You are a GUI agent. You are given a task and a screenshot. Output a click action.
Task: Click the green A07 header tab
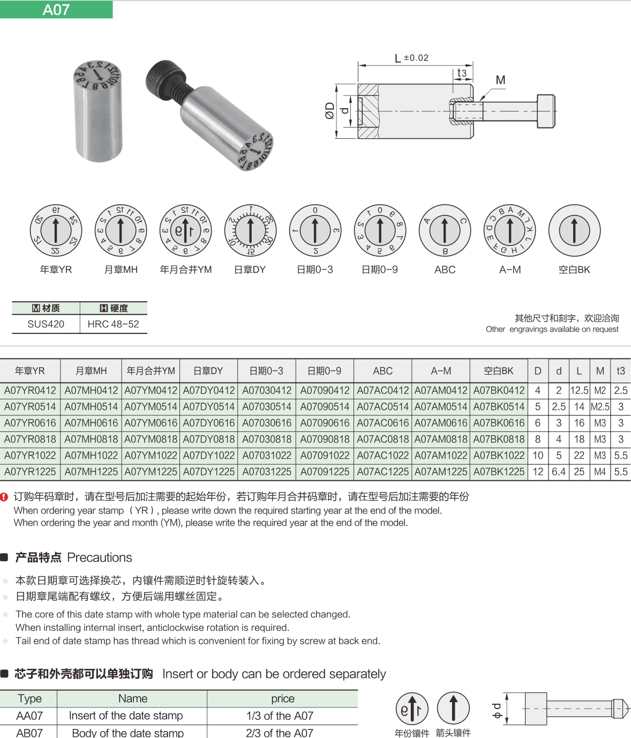coord(56,10)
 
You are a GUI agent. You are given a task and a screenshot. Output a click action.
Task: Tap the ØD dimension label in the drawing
coord(329,110)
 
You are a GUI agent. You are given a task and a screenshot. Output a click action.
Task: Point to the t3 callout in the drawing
coord(461,73)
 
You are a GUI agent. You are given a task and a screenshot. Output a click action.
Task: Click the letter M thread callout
coord(500,80)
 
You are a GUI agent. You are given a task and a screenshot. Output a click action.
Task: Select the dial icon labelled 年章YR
coord(56,230)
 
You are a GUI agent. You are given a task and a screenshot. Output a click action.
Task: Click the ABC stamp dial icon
coord(445,230)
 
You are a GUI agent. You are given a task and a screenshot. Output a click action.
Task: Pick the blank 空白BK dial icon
coord(574,230)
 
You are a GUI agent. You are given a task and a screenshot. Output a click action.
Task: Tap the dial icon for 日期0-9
coord(380,230)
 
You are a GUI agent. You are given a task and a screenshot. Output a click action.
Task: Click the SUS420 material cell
coord(46,324)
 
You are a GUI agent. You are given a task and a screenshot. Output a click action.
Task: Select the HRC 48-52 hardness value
coord(113,324)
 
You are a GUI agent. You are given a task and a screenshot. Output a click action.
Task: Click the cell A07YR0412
coord(30,391)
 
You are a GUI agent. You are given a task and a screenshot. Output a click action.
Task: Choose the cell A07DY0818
coord(209,439)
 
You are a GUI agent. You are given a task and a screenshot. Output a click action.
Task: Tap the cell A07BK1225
coord(499,472)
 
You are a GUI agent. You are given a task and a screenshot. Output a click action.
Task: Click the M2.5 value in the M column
coord(600,407)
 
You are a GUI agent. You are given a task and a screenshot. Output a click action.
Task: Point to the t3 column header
coord(620,371)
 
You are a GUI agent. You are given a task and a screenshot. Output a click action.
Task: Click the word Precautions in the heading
coord(100,557)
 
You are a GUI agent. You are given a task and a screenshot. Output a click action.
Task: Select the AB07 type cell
coord(29,732)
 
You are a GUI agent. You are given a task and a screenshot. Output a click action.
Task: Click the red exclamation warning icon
coord(4,497)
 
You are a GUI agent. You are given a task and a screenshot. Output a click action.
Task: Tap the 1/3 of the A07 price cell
coord(280,715)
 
